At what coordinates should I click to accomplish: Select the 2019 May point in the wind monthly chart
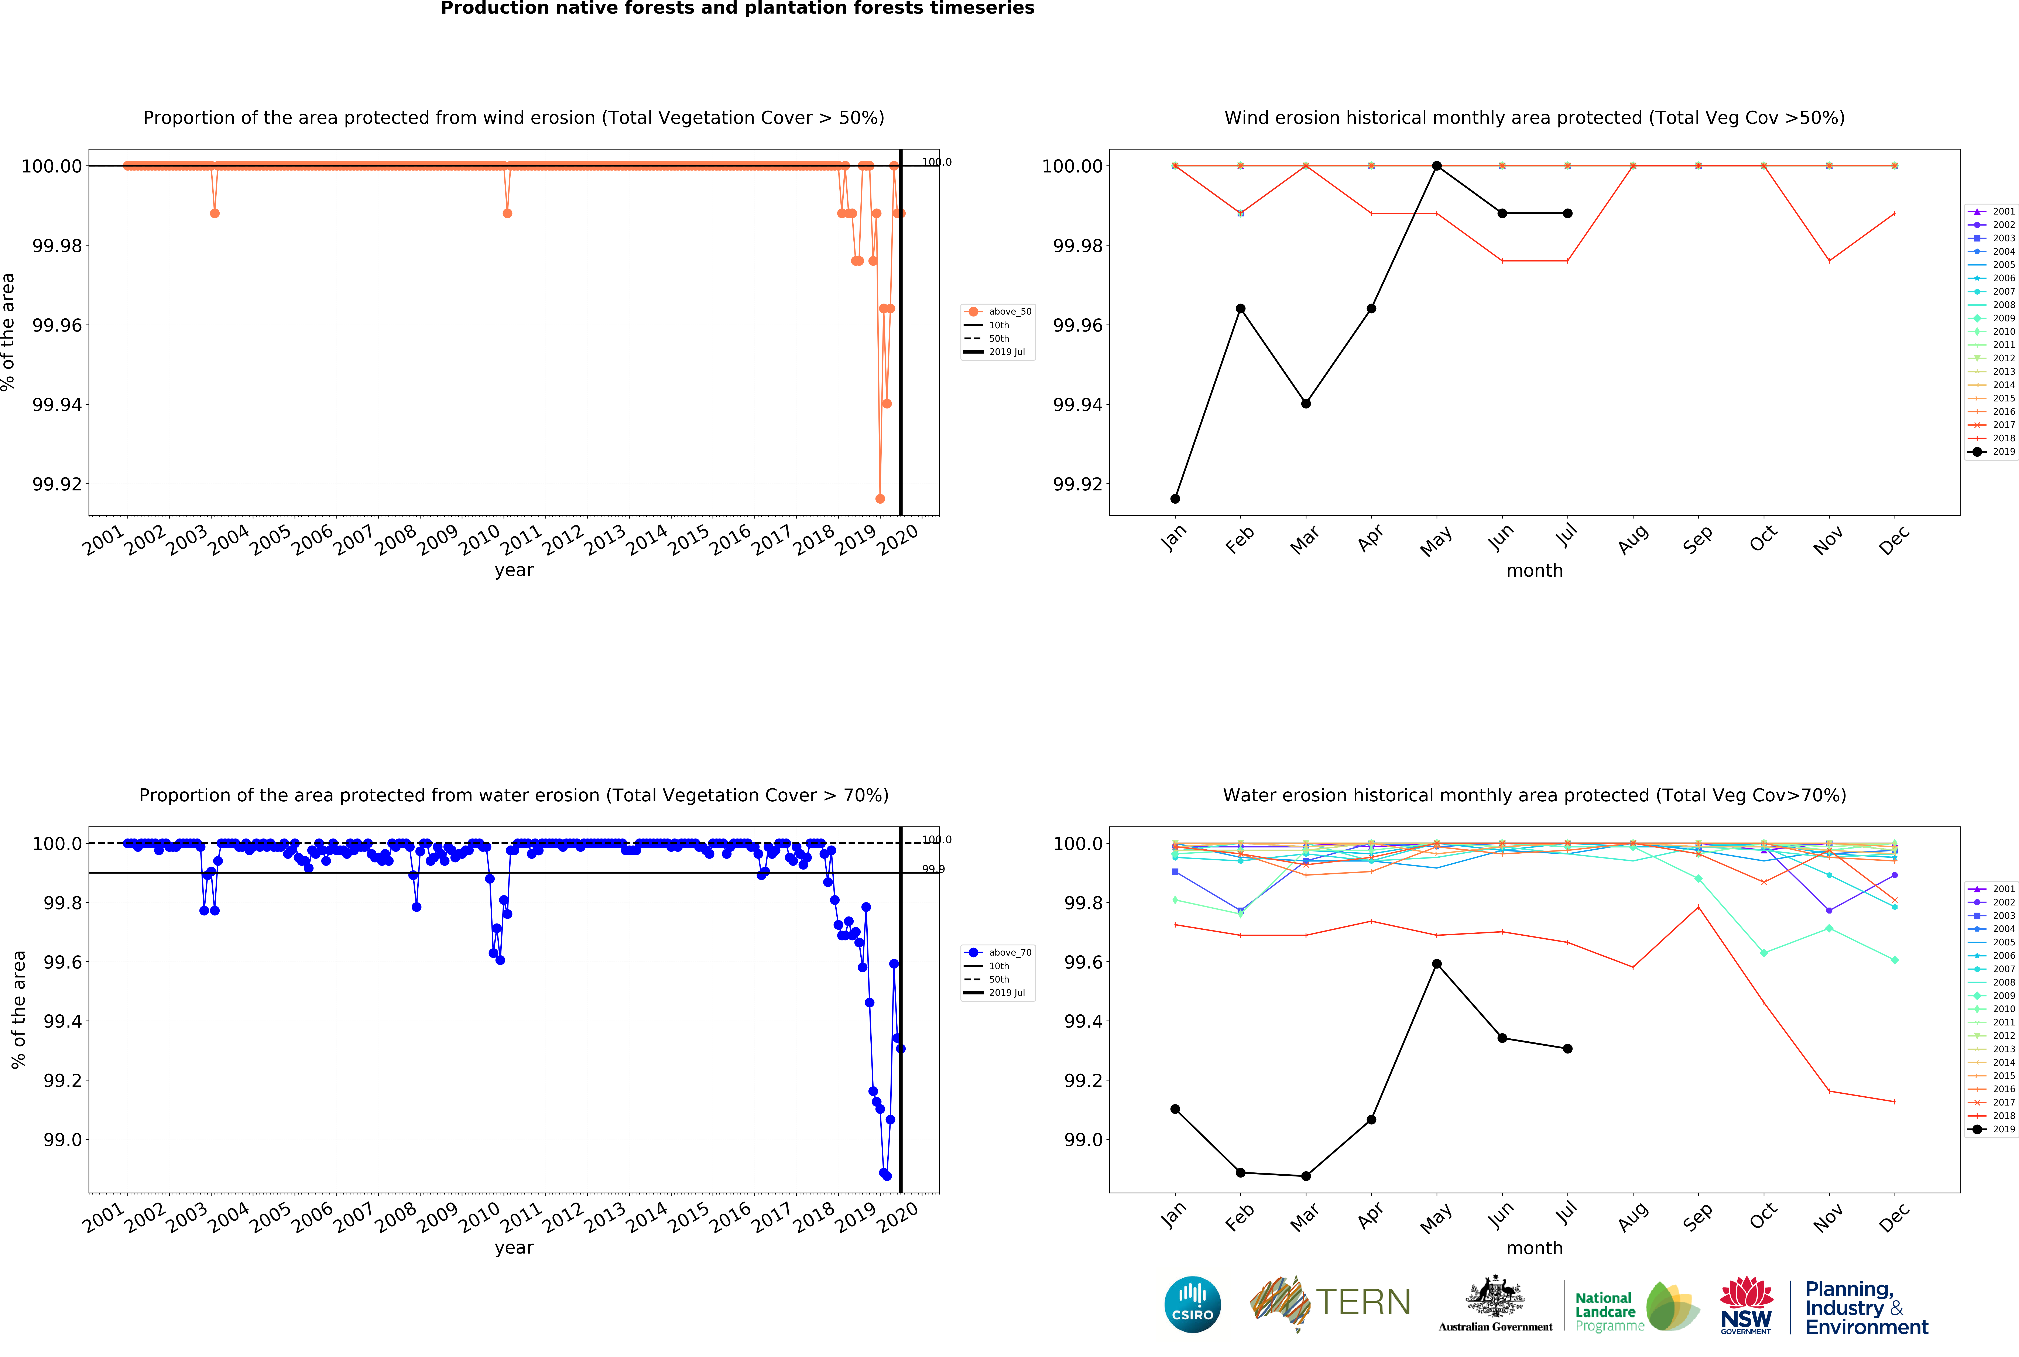coord(1437,165)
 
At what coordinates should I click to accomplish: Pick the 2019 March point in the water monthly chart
coord(1306,1176)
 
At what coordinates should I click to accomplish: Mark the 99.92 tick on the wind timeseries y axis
coord(57,484)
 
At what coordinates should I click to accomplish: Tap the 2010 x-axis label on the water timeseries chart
coord(479,1219)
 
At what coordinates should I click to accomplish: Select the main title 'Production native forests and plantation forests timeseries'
coord(737,9)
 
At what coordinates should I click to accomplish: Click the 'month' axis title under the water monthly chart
coord(1534,1248)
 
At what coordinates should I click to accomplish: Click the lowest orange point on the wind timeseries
coord(880,498)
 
